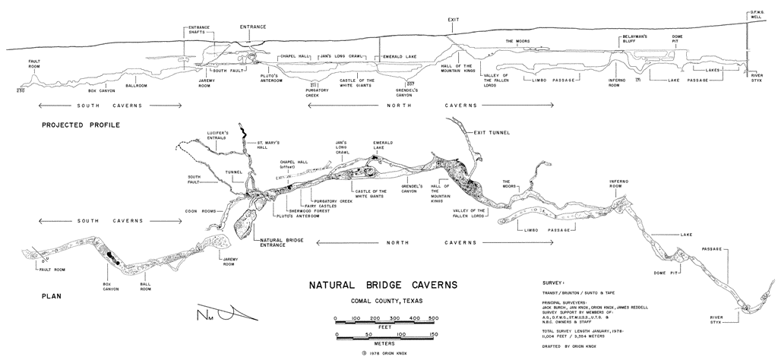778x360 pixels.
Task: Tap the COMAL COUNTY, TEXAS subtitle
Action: coord(383,302)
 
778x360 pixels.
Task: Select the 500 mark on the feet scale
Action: coord(433,317)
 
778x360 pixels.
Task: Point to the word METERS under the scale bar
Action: coord(384,343)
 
